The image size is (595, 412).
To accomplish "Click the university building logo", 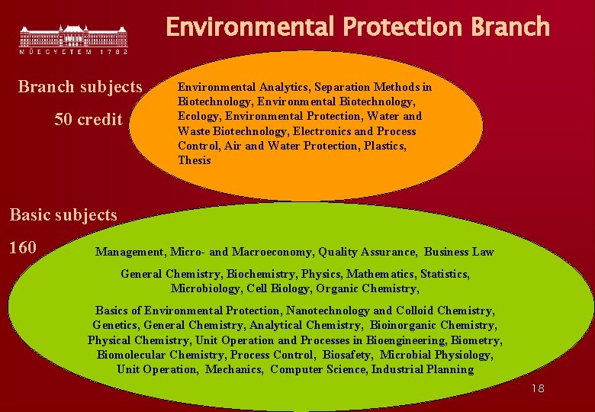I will tap(73, 37).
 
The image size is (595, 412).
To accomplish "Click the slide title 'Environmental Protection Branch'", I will tap(357, 27).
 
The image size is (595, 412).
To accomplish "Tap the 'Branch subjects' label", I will tap(80, 87).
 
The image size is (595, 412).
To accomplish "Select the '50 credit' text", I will tap(88, 120).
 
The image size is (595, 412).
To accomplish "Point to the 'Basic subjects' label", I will tap(63, 215).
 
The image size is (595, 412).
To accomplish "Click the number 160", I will tap(23, 248).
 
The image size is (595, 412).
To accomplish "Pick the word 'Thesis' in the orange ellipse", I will tap(195, 161).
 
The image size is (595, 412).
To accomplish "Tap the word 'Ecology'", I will tap(198, 117).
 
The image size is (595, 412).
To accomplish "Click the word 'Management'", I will tap(130, 252).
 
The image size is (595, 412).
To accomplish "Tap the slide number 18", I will tap(538, 389).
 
